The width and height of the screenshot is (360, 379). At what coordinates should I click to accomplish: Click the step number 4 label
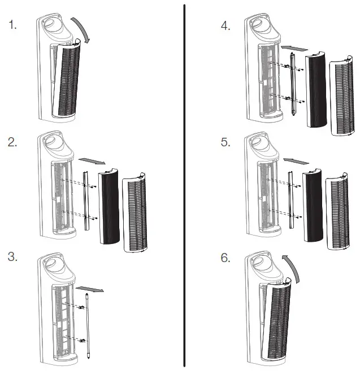point(226,26)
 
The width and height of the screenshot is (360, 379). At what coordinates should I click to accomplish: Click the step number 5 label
point(226,143)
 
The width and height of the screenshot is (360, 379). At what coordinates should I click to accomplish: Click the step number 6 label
point(226,258)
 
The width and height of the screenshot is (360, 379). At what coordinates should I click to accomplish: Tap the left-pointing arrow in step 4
point(294,45)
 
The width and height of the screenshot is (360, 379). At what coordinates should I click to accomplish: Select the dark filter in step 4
point(316,90)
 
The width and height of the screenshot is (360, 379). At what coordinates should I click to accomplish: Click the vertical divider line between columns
point(184,186)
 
